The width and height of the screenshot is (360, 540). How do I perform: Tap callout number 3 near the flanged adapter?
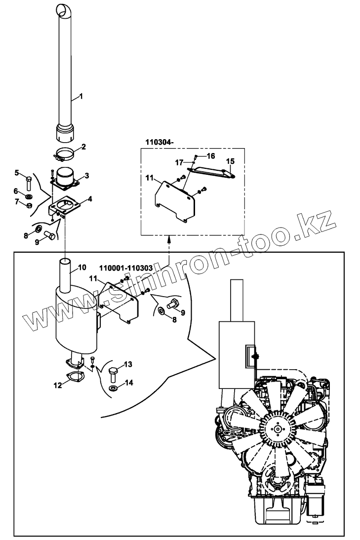click(86, 175)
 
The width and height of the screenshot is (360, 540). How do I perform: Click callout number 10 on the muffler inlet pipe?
click(82, 268)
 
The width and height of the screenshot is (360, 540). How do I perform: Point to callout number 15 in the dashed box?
click(230, 161)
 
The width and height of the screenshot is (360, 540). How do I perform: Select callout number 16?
click(211, 155)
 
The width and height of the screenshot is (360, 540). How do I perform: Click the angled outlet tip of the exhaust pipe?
click(63, 9)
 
